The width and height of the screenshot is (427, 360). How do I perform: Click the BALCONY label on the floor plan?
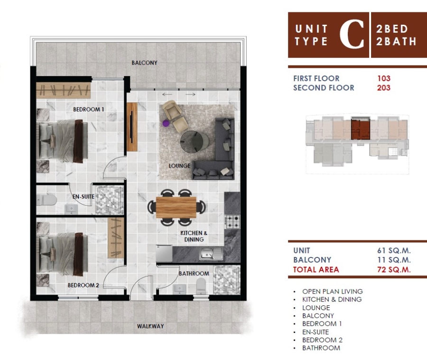[144, 63]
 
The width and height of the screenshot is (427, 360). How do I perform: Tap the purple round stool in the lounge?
[166, 123]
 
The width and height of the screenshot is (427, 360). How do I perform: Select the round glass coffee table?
[195, 142]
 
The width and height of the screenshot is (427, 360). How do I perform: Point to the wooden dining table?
[176, 208]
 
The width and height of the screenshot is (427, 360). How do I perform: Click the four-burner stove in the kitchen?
[232, 222]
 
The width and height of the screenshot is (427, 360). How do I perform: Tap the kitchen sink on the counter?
[211, 254]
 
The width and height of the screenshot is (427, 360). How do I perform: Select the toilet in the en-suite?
[46, 200]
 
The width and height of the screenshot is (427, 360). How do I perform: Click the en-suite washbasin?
[71, 209]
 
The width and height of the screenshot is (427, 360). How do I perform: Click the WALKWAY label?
[150, 326]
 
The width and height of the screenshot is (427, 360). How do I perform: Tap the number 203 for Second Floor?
[384, 88]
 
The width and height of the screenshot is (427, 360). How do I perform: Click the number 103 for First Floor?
[384, 78]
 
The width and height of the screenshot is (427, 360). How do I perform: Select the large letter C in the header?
[352, 34]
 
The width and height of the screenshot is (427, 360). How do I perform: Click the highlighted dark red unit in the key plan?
[360, 129]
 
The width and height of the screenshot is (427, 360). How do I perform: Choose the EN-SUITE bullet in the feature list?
[316, 332]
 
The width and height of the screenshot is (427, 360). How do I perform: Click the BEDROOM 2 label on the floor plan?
[84, 285]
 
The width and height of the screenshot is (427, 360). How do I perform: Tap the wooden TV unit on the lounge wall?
[132, 127]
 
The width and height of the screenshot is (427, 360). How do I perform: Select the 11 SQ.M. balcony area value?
[394, 260]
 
